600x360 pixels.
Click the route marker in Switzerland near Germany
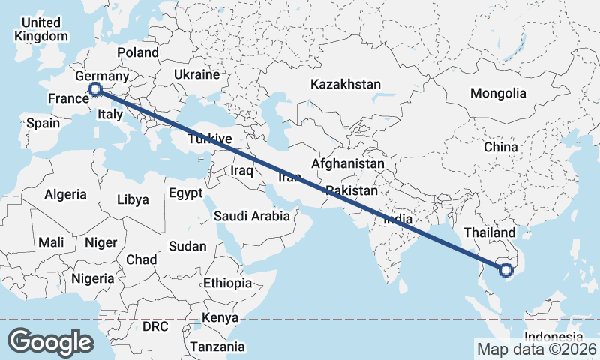[95, 90]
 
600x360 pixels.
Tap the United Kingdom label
[41, 28]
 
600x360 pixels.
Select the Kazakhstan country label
[346, 84]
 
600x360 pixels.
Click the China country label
[501, 147]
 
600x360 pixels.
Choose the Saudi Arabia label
[251, 216]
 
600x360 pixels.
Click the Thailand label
[490, 233]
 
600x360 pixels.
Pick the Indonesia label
[553, 337]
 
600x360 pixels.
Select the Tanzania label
[217, 346]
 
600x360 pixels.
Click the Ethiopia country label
[227, 283]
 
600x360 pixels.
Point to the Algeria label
[65, 194]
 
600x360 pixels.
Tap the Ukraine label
[196, 75]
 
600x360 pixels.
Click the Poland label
[138, 52]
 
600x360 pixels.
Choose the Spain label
[43, 122]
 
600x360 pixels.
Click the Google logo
[50, 341]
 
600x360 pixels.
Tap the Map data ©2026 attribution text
[536, 349]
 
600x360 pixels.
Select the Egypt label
[185, 193]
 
